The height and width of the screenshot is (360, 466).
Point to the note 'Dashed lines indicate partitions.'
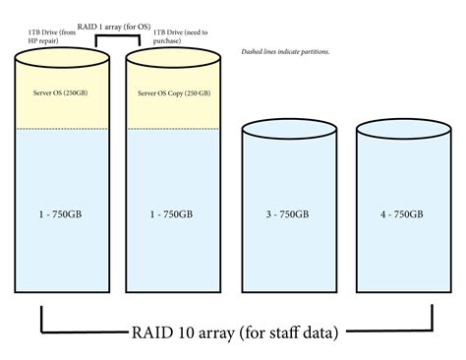tap(284, 51)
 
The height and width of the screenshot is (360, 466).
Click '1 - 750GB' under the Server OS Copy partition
tap(174, 212)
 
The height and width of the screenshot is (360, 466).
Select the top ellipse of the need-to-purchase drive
tap(174, 63)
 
